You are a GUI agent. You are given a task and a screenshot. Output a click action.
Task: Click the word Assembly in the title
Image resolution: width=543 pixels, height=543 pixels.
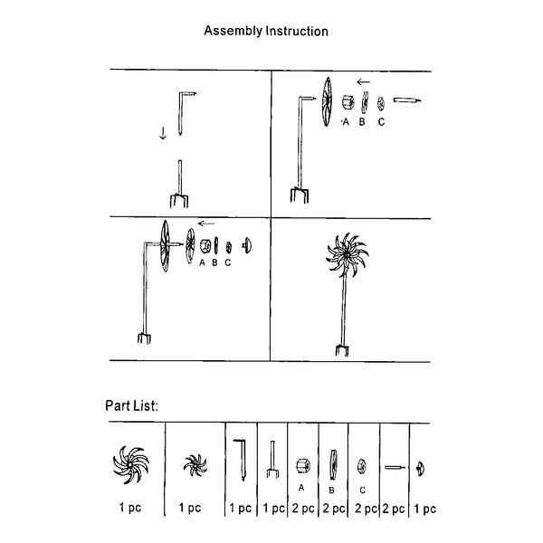click(233, 31)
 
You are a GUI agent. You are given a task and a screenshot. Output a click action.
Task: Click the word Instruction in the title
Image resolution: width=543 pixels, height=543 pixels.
click(297, 31)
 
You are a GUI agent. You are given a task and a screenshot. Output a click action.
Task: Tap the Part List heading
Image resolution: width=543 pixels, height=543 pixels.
click(131, 405)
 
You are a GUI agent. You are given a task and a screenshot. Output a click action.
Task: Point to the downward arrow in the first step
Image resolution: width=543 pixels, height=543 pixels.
click(163, 133)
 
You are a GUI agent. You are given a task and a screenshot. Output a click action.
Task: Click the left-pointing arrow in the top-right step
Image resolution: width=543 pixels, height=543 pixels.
click(363, 82)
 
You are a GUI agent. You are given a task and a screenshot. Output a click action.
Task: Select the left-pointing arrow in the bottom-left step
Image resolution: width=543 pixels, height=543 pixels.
click(206, 224)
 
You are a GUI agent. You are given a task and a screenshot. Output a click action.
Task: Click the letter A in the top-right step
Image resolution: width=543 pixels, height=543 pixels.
click(346, 122)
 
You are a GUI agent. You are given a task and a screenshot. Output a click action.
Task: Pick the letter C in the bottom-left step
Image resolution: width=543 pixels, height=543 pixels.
click(227, 262)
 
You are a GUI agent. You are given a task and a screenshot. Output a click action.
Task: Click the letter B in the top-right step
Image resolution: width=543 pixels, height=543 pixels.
click(362, 122)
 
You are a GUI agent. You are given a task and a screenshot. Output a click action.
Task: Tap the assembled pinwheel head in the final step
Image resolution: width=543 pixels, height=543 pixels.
click(347, 255)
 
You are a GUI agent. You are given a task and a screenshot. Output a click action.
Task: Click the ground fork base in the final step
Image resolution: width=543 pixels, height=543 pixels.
click(342, 349)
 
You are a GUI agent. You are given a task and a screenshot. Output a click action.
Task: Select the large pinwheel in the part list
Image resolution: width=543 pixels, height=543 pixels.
click(131, 465)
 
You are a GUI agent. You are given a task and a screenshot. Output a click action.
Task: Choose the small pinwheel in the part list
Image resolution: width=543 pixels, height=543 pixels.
click(195, 466)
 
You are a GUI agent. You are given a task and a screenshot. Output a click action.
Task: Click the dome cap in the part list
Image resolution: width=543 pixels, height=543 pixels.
click(420, 469)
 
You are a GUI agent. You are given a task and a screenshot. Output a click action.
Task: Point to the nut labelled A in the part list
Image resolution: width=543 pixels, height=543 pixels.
click(303, 466)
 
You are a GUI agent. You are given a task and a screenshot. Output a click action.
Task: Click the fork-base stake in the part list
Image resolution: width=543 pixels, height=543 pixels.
click(272, 459)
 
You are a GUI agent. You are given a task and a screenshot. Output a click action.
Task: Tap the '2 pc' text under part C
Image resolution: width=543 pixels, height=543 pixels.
click(366, 509)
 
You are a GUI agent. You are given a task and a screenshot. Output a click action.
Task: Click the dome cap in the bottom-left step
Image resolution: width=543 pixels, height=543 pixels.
click(247, 245)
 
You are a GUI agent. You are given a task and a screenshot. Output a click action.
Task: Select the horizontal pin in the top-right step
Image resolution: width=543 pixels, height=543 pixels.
click(407, 100)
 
